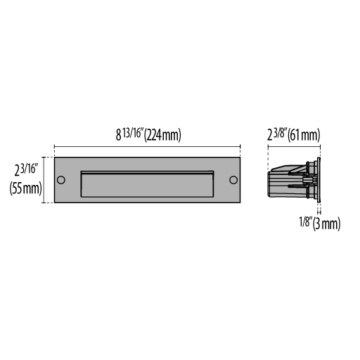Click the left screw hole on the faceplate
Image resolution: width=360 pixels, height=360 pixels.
(x=61, y=180)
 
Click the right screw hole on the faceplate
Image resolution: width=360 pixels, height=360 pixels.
(x=233, y=180)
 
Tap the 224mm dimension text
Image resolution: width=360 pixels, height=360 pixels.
(x=162, y=135)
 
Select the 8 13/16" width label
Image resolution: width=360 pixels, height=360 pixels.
(x=129, y=134)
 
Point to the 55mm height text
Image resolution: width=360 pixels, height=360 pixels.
(x=26, y=188)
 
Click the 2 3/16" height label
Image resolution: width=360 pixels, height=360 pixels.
(x=26, y=170)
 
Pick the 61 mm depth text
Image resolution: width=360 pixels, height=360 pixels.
(x=304, y=135)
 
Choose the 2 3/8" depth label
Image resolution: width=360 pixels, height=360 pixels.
(x=277, y=134)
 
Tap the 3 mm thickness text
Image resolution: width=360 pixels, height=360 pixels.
(x=327, y=224)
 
